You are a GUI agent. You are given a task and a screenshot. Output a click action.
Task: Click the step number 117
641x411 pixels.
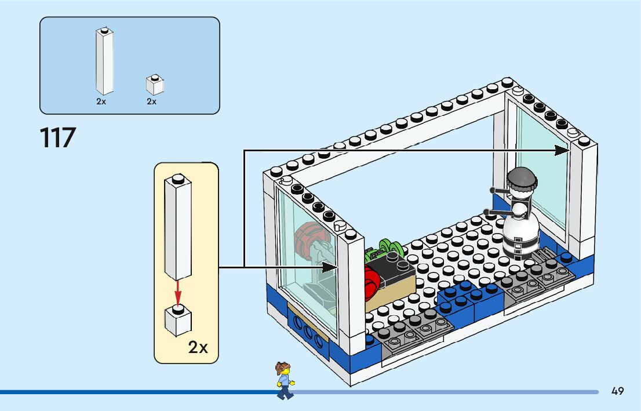click(58, 138)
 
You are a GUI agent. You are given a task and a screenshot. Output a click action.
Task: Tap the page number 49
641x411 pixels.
click(617, 391)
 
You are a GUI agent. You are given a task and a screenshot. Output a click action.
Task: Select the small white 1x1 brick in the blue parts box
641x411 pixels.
click(154, 85)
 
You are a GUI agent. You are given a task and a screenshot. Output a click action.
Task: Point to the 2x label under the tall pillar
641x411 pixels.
click(101, 101)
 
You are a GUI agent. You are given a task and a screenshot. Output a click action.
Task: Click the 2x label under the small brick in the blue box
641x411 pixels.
click(151, 101)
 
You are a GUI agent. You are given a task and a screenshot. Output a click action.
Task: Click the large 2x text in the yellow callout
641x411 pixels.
click(198, 347)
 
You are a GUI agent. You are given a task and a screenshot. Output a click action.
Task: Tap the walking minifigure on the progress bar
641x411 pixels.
click(284, 380)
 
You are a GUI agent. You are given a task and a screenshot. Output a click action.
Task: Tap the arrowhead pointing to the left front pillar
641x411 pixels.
click(330, 267)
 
